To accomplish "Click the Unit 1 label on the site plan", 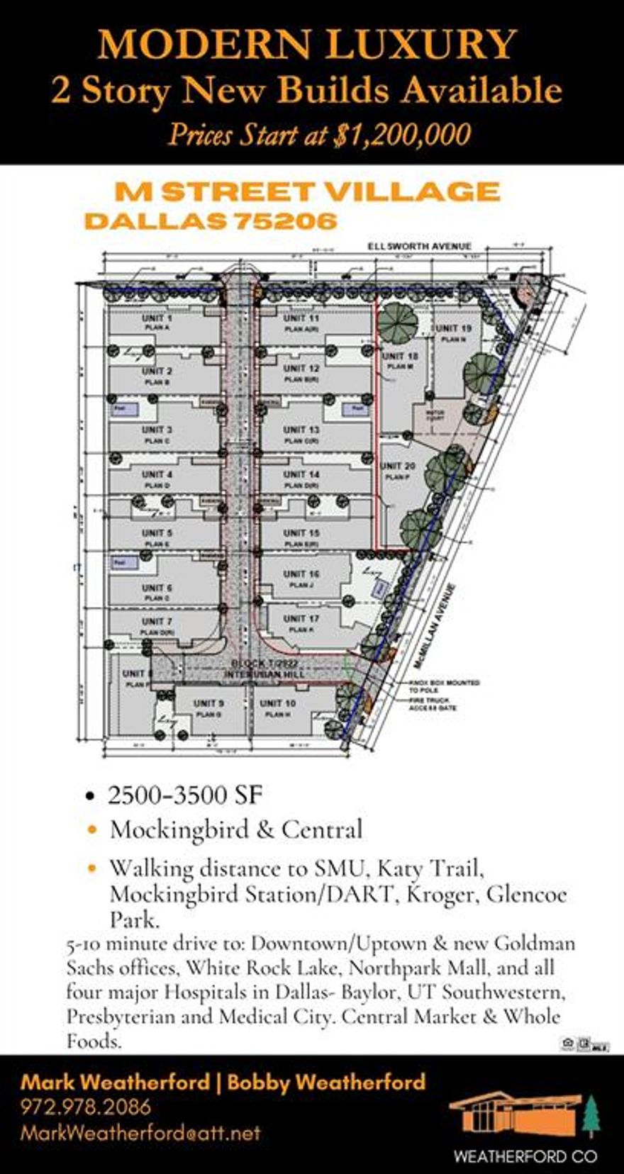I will (x=157, y=318).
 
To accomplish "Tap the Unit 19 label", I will (x=454, y=328).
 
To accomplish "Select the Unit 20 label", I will (x=398, y=466).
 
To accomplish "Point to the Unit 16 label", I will (x=301, y=574).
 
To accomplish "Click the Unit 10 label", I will (x=278, y=703).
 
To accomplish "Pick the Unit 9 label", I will (x=209, y=703).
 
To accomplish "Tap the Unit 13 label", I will (x=301, y=430).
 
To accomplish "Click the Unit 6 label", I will (x=157, y=588).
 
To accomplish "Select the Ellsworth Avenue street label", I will (x=418, y=246).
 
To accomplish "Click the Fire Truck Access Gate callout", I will (x=433, y=704).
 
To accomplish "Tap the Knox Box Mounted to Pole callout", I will (x=444, y=686).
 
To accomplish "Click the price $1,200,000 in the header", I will (x=401, y=135).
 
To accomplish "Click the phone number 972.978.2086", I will (x=86, y=1107).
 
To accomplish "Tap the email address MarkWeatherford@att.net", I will (x=140, y=1133).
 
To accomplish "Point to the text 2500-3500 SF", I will (x=185, y=795).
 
